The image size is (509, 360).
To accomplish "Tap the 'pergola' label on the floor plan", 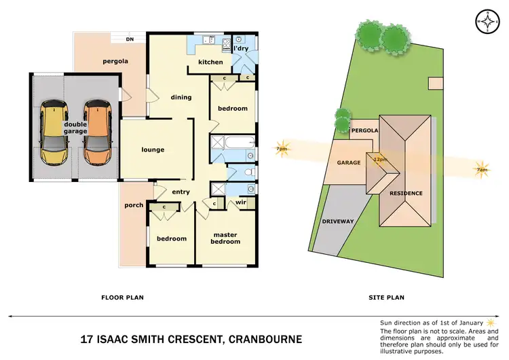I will pos(115,61).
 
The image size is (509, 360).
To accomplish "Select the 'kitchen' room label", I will pos(210,62).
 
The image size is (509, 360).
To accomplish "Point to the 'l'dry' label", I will pos(240,49).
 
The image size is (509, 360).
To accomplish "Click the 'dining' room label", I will pos(181,97).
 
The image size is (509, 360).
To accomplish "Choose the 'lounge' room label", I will pos(153,149).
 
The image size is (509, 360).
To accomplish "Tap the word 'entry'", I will pos(181,192).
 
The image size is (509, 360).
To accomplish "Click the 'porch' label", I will pos(134,204).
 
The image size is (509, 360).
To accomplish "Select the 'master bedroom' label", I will pos(225,238).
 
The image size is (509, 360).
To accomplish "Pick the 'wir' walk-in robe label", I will pos(240,202).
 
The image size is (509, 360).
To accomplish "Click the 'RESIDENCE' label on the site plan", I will pos(405,193).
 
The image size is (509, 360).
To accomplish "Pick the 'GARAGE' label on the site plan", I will pos(348,163).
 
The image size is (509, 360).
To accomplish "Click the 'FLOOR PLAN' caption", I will pos(122,297).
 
